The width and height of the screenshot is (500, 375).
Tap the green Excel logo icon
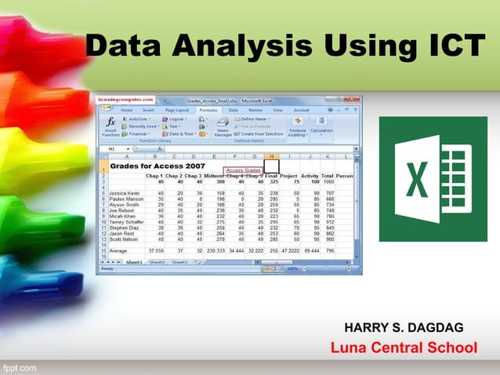(x=433, y=179)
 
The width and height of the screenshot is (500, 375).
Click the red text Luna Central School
(x=403, y=348)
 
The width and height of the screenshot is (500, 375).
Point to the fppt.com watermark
(x=20, y=366)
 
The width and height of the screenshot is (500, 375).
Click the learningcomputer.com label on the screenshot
(x=125, y=100)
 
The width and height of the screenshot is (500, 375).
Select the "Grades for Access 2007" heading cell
(x=157, y=166)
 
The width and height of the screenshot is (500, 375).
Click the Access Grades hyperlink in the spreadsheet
(x=243, y=170)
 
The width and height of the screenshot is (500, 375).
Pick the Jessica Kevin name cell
(x=125, y=192)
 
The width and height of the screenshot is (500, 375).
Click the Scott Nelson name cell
(x=125, y=239)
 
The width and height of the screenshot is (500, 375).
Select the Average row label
(x=121, y=250)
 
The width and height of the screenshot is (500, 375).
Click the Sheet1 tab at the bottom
(x=134, y=262)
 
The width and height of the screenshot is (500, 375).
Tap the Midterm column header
(x=215, y=176)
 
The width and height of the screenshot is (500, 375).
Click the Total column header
(x=328, y=176)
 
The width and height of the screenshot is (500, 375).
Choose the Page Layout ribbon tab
(x=177, y=111)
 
